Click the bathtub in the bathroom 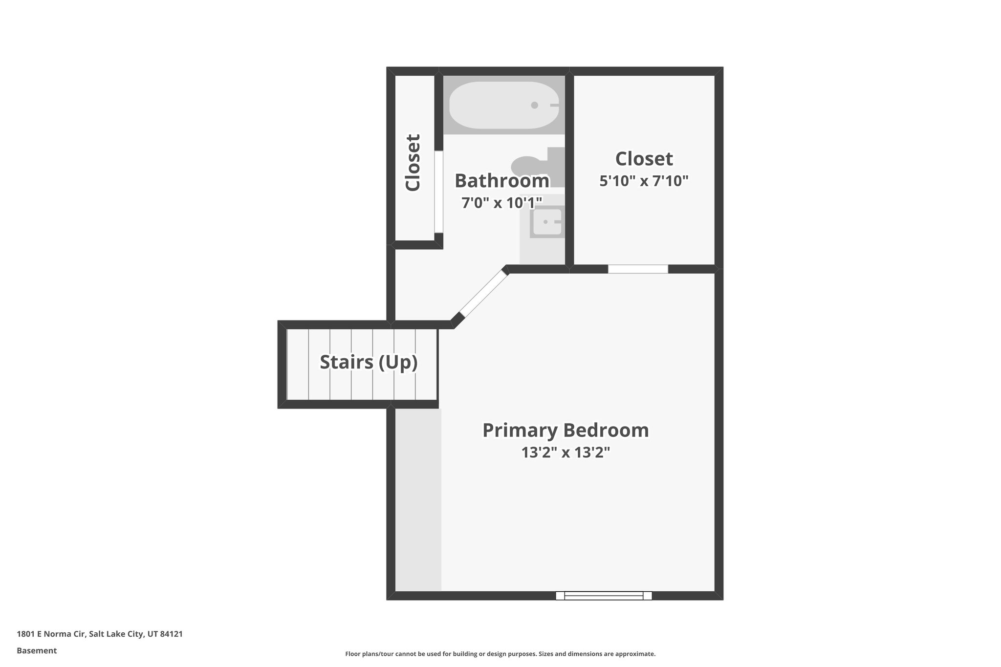(x=503, y=105)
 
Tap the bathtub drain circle (x=534, y=105)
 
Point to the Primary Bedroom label (x=566, y=430)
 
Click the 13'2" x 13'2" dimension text (x=566, y=453)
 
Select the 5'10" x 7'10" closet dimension (x=644, y=181)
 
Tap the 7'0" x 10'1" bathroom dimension (x=501, y=202)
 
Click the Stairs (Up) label (x=369, y=362)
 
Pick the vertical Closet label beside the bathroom (x=413, y=162)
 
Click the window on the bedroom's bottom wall (x=604, y=595)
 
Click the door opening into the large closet (x=638, y=269)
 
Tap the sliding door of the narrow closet (x=438, y=192)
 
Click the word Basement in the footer (x=37, y=650)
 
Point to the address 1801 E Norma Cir (x=100, y=634)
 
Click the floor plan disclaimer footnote (x=500, y=654)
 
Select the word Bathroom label (x=501, y=181)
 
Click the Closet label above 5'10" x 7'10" (x=644, y=159)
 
